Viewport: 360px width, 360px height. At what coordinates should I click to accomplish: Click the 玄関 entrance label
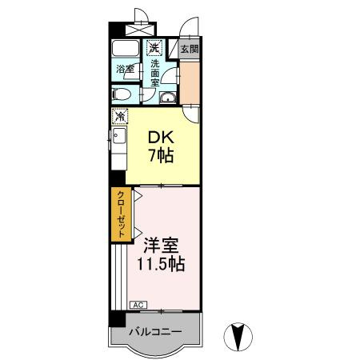point(189,49)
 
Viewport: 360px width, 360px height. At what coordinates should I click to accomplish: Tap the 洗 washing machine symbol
point(151,48)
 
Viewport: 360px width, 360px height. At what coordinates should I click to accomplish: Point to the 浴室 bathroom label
point(125,70)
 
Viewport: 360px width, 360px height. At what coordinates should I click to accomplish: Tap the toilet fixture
point(121,95)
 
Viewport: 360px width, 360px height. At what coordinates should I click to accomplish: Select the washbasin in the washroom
point(167,98)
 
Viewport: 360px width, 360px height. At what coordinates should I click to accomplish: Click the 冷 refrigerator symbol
point(119,118)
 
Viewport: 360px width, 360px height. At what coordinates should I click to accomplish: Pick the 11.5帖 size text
point(161,263)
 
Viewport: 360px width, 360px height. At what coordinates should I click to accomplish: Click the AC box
point(138,305)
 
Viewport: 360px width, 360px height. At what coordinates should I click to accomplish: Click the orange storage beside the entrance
point(190,82)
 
